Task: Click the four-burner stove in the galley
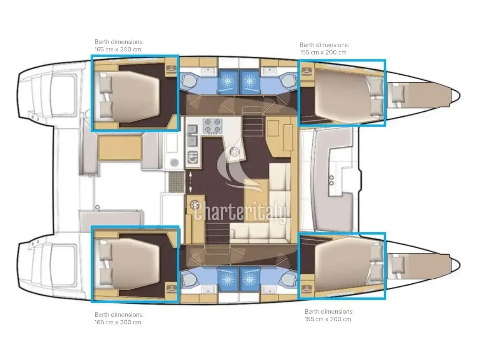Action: point(212,126)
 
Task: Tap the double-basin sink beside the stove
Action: point(193,135)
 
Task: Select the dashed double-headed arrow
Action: point(190,182)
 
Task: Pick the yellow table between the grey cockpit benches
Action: point(120,148)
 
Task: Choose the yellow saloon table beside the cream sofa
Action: point(256,200)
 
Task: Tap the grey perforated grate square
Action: point(177,182)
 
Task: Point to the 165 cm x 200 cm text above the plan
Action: point(117,49)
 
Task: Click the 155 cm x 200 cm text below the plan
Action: point(328,319)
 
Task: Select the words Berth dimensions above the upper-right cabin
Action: point(324,45)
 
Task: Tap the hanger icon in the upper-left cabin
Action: point(171,69)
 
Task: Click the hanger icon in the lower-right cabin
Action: point(307,289)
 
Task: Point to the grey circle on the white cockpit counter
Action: point(174,163)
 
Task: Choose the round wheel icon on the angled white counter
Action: point(235,151)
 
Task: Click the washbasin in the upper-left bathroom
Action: point(208,71)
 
